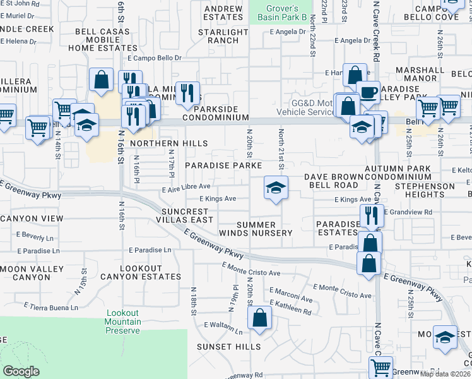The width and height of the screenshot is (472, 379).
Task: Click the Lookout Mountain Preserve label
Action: (x=123, y=322)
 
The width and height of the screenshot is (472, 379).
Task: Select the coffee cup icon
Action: (x=368, y=92)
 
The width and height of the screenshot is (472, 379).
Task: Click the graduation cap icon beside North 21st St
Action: (x=276, y=188)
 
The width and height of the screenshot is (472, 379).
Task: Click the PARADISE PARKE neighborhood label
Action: (x=223, y=165)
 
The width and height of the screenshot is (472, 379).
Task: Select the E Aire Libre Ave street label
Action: (x=186, y=186)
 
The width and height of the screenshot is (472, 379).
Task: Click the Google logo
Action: (x=21, y=371)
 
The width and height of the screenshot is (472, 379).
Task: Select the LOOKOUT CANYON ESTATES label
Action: (x=141, y=273)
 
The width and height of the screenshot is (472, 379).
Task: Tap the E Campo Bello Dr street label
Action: (x=154, y=58)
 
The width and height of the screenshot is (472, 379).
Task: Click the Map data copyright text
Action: (x=445, y=374)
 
